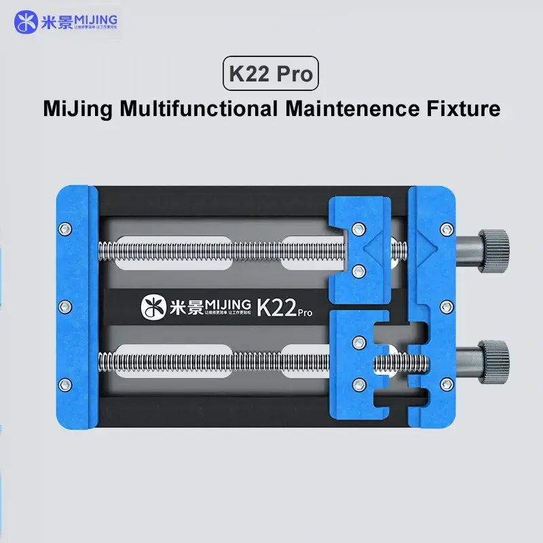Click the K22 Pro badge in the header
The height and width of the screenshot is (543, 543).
pyautogui.click(x=271, y=73)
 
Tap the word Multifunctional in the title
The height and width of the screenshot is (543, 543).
pyautogui.click(x=196, y=108)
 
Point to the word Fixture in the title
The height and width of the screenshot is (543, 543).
pyautogui.click(x=466, y=108)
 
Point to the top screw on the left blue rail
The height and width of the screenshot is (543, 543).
pyautogui.click(x=65, y=227)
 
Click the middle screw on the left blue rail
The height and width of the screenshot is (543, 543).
pyautogui.click(x=65, y=307)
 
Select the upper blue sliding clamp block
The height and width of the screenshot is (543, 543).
pyautogui.click(x=360, y=248)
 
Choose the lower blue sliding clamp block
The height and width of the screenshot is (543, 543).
pyautogui.click(x=356, y=363)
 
